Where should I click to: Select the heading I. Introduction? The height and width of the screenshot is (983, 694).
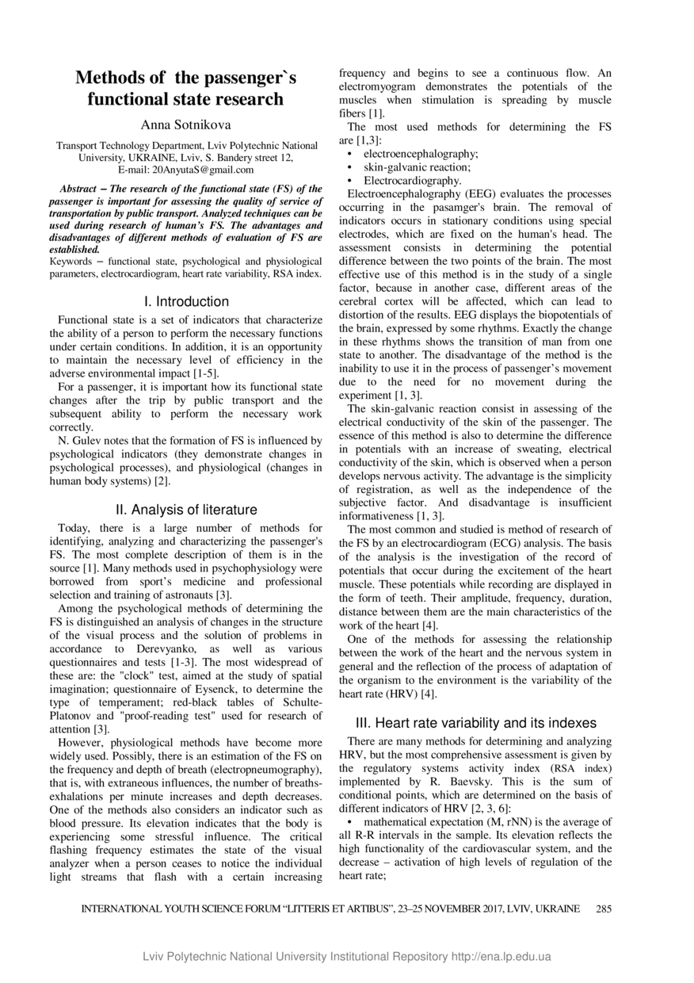coord(186,302)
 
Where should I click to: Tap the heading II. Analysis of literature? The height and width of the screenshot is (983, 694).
coord(186,510)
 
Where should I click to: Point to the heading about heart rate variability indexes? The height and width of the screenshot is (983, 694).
coord(475,723)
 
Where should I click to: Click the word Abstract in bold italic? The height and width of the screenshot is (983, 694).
coord(84,189)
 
